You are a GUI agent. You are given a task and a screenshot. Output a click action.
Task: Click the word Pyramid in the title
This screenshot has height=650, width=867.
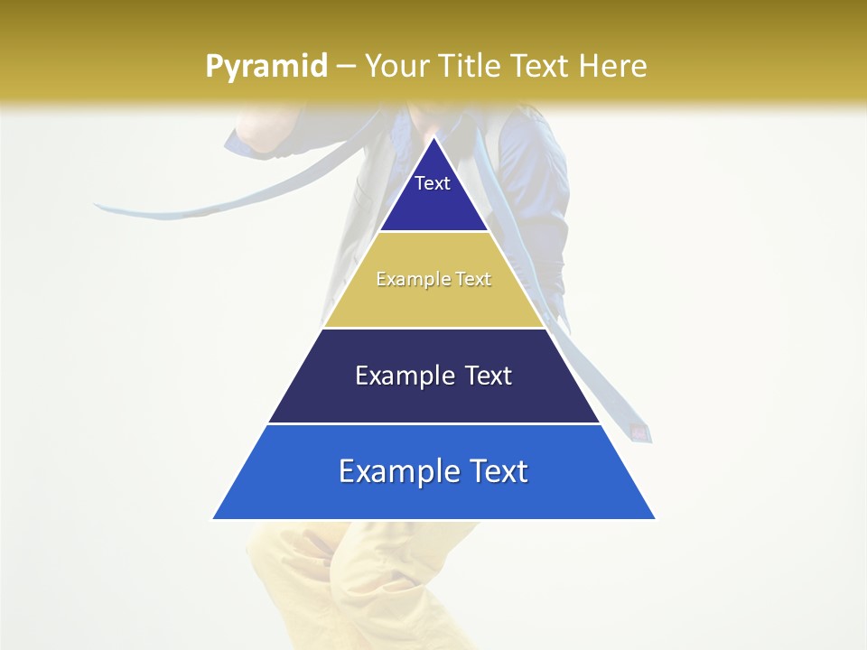click(x=266, y=66)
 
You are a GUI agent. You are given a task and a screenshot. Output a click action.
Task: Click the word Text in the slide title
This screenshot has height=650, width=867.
click(x=541, y=66)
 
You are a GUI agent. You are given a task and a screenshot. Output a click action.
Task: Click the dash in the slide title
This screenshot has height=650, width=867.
click(x=346, y=67)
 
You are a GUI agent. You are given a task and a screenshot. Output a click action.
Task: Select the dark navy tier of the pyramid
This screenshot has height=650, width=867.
click(x=433, y=397)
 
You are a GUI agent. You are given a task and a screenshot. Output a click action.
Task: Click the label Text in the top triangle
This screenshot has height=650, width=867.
click(x=433, y=183)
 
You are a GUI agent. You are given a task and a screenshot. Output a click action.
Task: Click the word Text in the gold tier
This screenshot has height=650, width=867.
click(x=474, y=280)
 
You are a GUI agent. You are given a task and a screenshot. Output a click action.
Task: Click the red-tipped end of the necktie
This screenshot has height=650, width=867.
click(x=640, y=432)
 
